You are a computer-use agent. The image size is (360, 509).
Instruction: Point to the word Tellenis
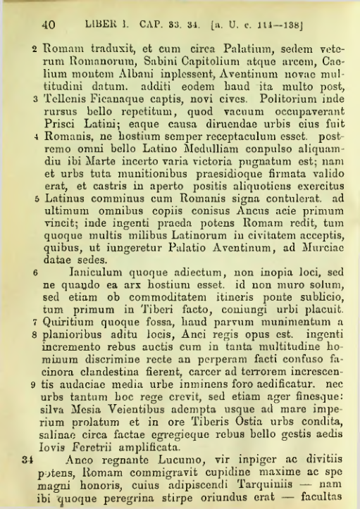pos(67,99)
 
